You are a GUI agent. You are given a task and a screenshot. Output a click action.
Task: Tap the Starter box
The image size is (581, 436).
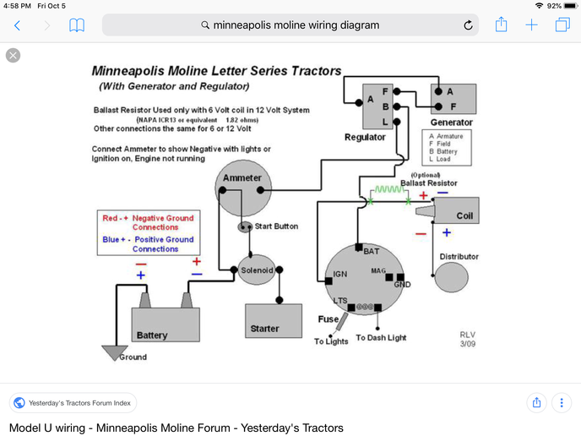click(273, 319)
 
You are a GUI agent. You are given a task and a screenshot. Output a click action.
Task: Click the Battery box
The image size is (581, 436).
click(166, 324)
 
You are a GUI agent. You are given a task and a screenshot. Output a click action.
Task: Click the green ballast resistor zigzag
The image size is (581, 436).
click(388, 191)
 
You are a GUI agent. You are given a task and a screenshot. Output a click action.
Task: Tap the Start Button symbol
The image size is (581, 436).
click(246, 227)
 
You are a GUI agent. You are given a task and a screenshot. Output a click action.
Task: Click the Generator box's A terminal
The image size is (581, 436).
click(437, 91)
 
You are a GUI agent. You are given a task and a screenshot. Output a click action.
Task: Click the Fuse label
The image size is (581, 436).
click(328, 319)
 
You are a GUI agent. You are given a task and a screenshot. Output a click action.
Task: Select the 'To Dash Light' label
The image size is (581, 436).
click(381, 337)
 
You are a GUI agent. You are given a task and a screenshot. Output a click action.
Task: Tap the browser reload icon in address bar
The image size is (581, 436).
click(468, 25)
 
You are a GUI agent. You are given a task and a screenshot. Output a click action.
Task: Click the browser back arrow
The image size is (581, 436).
click(17, 25)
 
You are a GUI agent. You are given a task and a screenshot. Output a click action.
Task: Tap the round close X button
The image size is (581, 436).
click(14, 56)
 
